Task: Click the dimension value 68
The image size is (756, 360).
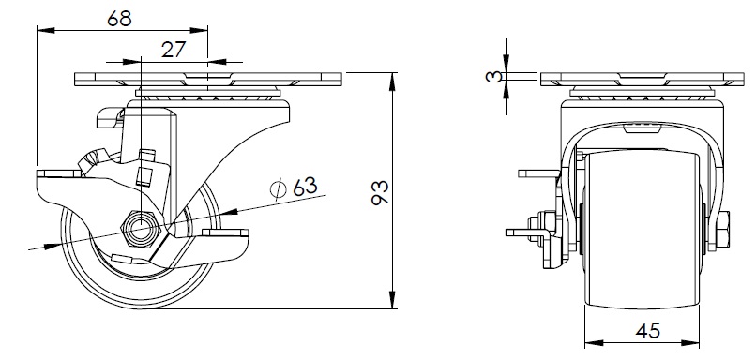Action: (119, 19)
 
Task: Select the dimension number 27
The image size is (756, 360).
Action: (174, 49)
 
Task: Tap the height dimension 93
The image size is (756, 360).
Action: (380, 193)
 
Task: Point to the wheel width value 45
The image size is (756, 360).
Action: (647, 331)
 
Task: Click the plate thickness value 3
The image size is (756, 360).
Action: (493, 77)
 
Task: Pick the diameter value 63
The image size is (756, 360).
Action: (305, 187)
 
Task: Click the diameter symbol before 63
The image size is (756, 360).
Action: (279, 188)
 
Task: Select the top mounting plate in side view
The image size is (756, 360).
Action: (208, 80)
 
